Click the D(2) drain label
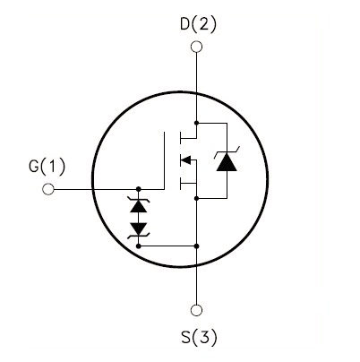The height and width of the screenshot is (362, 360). pos(198,24)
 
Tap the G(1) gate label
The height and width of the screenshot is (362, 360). pos(47,166)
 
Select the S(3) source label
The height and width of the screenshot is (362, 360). pos(199,337)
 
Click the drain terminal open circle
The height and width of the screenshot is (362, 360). pos(196,47)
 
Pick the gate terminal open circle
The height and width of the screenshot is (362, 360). pos(48,189)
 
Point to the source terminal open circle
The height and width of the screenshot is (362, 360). pos(196,310)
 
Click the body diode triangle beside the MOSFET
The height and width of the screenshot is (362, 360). pos(227,162)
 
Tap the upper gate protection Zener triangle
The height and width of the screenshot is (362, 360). pos(139,206)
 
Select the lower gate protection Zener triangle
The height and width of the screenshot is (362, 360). pos(139,228)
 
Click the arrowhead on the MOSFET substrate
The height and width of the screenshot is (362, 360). pos(185,160)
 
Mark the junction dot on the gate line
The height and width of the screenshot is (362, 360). pos(139,189)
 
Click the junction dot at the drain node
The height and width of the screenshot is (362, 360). pos(196,123)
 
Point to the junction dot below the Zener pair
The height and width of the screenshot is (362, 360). pos(139,246)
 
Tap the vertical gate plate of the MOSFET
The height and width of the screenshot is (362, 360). pos(164,160)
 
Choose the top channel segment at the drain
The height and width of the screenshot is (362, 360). pos(180,138)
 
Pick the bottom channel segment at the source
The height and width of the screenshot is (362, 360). pos(180,184)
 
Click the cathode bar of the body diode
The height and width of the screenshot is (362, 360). pos(227,152)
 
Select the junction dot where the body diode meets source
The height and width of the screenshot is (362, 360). pos(196,198)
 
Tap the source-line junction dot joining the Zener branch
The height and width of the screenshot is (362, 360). pos(196,246)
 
